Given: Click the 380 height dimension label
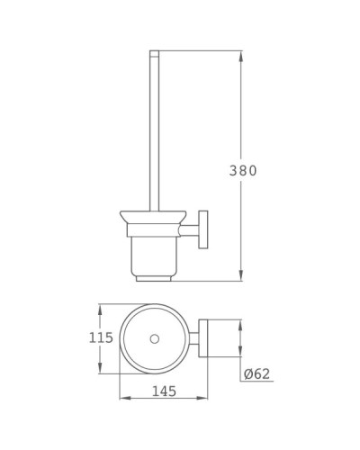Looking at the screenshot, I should pos(242,171).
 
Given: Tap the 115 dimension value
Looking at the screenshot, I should pos(102,338).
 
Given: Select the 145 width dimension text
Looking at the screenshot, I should pos(164,392).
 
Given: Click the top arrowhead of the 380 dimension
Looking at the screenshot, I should pos(241,56).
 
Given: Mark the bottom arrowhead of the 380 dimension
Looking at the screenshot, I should pos(241,275).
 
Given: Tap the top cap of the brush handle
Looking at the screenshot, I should pos(153,53).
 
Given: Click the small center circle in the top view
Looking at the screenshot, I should pos(154,338).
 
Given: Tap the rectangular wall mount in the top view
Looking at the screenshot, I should pos(206,338).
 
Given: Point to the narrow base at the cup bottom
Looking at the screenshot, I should pos(153,276).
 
